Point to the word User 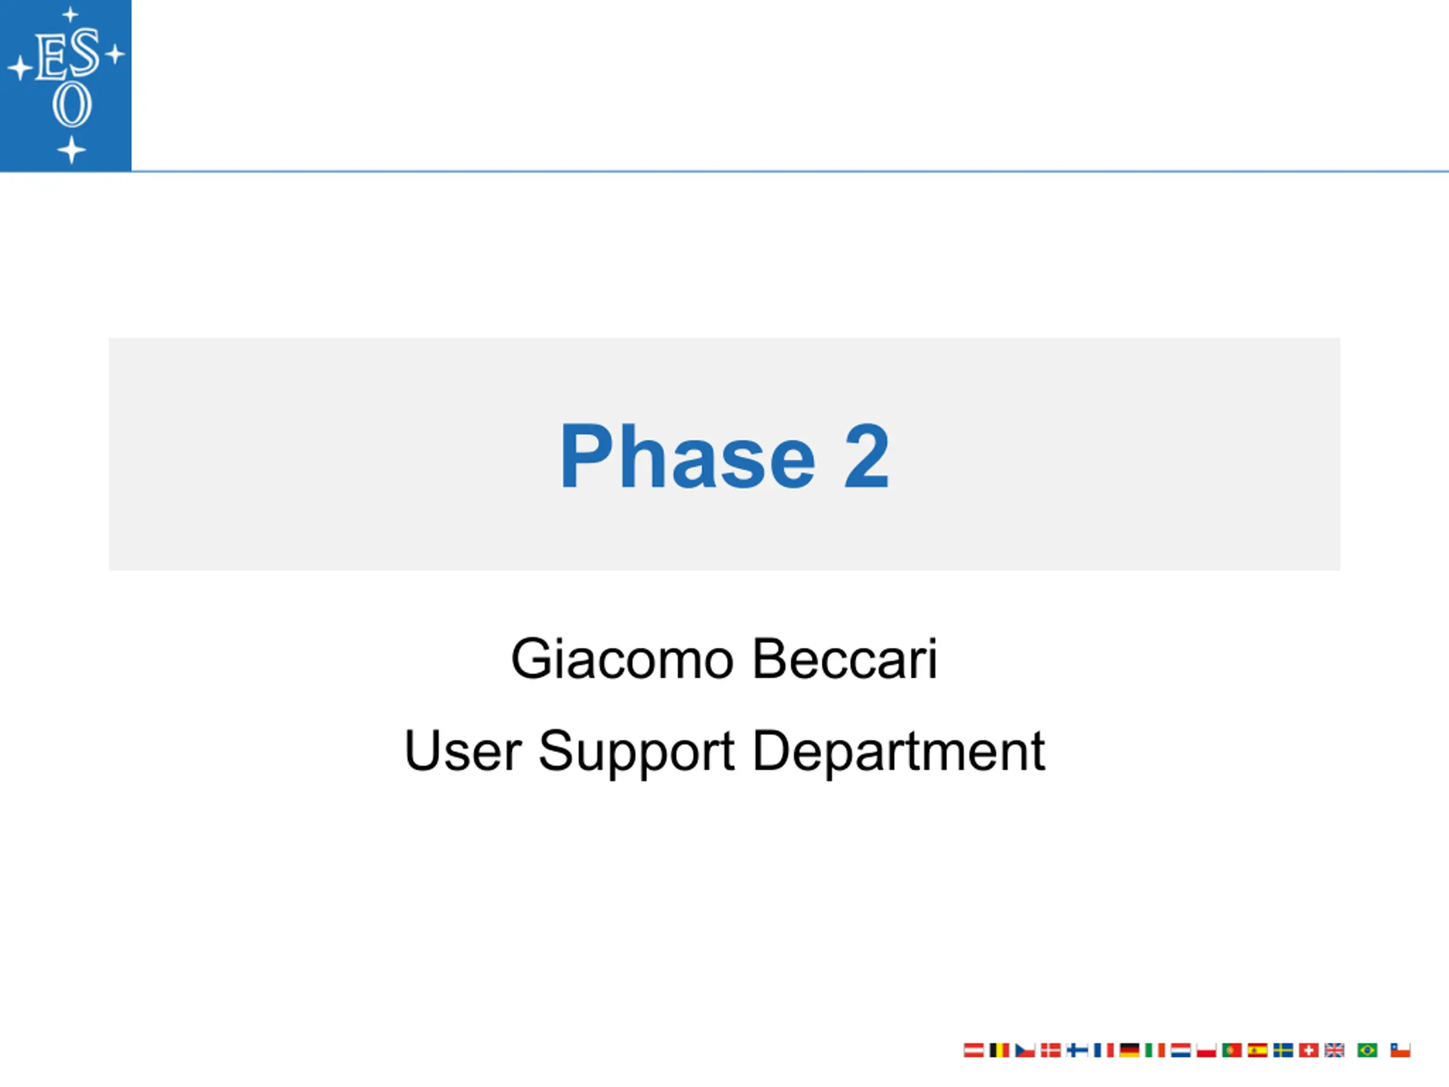tap(463, 751)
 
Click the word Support tap(636, 754)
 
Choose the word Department tap(899, 754)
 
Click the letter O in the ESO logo tap(71, 104)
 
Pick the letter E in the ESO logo tap(50, 58)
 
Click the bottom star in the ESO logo tap(71, 150)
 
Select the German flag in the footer tap(1129, 1050)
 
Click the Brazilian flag tap(1367, 1050)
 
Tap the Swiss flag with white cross tap(1309, 1050)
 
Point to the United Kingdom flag tap(1334, 1050)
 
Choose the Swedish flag tap(1283, 1050)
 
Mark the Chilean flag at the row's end tap(1400, 1050)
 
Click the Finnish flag tap(1078, 1050)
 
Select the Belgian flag tap(999, 1050)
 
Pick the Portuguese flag tap(1232, 1050)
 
